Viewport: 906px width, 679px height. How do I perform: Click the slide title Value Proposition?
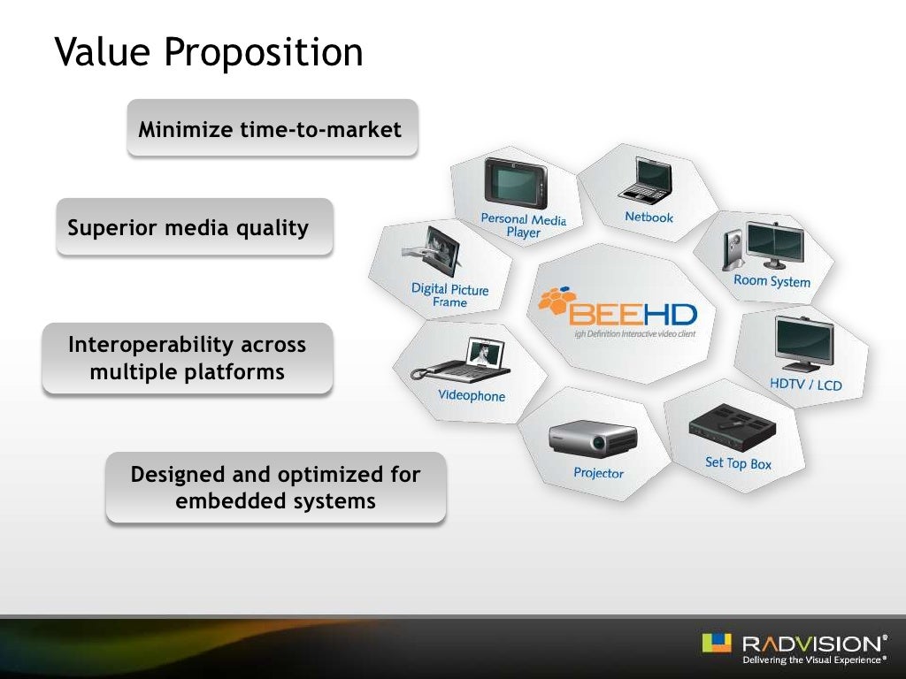[x=209, y=52]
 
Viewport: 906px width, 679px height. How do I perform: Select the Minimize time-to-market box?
[x=271, y=130]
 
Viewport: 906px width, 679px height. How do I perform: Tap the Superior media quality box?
[x=189, y=228]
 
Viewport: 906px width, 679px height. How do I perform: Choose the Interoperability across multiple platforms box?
[x=188, y=358]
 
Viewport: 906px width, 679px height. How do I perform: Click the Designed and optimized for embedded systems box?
[x=275, y=488]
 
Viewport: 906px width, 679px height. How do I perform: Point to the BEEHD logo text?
[x=633, y=314]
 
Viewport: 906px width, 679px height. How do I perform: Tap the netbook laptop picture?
[x=647, y=182]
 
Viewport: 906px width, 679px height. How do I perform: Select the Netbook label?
[x=649, y=217]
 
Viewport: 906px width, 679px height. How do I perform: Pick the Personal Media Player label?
[x=523, y=225]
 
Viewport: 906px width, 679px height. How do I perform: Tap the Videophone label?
[x=472, y=396]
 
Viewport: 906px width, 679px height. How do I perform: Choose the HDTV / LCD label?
[x=805, y=384]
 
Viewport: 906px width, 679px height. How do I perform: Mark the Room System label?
[x=772, y=281]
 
